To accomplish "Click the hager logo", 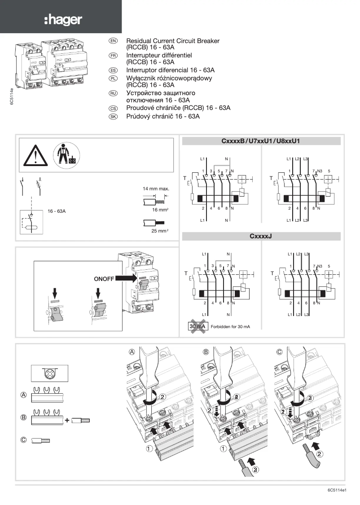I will point(63,20).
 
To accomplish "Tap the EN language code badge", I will point(113,41).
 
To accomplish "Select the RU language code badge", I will point(113,93).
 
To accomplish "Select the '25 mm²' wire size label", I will point(160,231).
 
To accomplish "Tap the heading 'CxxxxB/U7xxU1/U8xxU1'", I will point(260,141).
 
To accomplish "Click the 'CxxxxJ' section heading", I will point(260,236).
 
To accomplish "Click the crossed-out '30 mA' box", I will point(197,326).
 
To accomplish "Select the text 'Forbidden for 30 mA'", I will point(230,327).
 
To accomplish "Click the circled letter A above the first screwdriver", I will point(132,352).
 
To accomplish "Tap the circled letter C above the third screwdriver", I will point(279,352).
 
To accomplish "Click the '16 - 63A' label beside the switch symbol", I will point(57,211).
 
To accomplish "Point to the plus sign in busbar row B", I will point(67,421).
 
